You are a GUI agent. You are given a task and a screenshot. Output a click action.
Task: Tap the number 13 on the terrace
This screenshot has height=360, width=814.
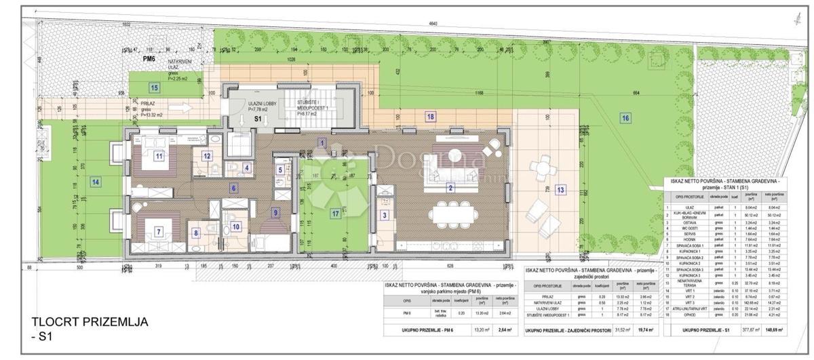pos(560,189)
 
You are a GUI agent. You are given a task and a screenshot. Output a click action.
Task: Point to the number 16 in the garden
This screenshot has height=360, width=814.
pos(624,117)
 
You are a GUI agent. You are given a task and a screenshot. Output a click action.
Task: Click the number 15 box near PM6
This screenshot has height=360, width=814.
pos(155,87)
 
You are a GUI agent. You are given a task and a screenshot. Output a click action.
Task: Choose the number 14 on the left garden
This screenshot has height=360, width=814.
pos(96,182)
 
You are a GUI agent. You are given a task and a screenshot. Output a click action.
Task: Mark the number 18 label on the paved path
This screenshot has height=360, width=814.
pos(431,117)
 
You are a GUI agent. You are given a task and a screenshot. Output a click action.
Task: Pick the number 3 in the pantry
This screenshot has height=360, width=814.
pos(385,216)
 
